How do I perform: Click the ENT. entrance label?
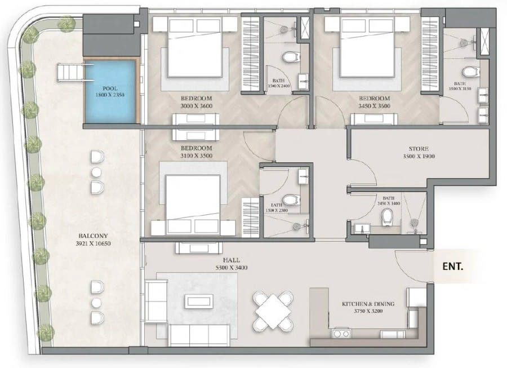point(452,266)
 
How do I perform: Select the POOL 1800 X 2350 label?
point(110,92)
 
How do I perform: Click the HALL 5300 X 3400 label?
point(231,264)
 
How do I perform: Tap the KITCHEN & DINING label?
point(368,308)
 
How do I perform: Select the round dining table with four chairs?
point(273,309)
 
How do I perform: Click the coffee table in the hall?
point(200,301)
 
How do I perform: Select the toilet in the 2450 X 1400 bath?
point(386,216)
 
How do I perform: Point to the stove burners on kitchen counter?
point(341,334)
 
